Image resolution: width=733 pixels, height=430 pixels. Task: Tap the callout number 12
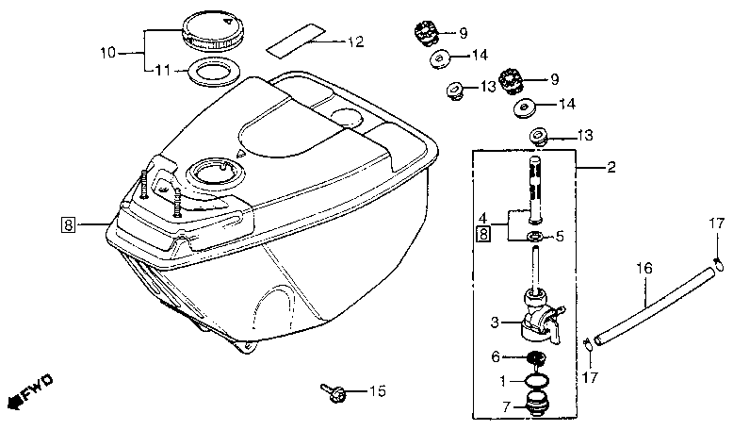click(x=354, y=42)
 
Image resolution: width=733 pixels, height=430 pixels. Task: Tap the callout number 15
click(x=377, y=390)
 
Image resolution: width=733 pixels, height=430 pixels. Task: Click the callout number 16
click(x=643, y=268)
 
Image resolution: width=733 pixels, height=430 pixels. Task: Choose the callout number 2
click(x=611, y=169)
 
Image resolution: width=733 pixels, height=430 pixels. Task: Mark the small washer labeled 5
click(x=535, y=237)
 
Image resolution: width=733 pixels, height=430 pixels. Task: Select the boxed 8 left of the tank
click(x=67, y=224)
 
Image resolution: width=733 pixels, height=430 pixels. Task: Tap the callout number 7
click(x=506, y=406)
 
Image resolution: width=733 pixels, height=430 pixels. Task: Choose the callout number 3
click(x=494, y=322)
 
